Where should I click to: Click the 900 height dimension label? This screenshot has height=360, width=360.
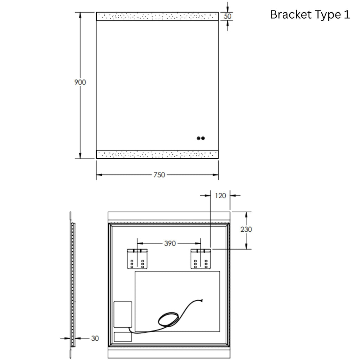[x=80, y=82]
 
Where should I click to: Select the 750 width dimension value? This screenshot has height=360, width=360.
[x=159, y=175]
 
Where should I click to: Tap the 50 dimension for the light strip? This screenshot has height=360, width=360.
[x=227, y=16]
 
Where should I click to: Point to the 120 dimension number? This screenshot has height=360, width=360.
[x=220, y=195]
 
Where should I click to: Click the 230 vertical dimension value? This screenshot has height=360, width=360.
[x=246, y=229]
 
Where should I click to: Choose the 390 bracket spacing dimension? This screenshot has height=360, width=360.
[x=170, y=243]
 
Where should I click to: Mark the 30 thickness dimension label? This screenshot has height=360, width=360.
[x=95, y=338]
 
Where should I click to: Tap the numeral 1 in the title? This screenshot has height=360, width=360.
[x=347, y=15]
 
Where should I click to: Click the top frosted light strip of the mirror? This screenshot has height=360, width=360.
[x=157, y=16]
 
